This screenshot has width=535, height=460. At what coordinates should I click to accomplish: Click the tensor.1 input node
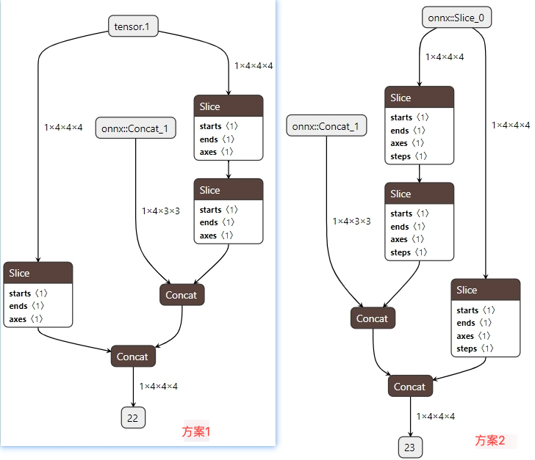[x=133, y=27]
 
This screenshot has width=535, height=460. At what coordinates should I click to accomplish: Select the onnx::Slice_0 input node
[x=456, y=18]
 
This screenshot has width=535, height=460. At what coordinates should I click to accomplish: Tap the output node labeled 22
[x=133, y=418]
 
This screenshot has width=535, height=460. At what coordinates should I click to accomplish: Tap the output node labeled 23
[x=411, y=447]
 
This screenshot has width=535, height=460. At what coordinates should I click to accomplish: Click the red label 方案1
[x=196, y=432]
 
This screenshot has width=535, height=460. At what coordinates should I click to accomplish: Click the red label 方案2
[x=490, y=440]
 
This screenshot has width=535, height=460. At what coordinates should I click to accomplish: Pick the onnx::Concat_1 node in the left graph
[x=134, y=129]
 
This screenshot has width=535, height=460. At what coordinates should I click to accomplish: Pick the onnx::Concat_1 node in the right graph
[x=326, y=126]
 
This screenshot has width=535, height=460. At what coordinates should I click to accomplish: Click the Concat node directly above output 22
[x=133, y=357]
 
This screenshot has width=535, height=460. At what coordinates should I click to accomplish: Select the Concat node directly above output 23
[x=410, y=387]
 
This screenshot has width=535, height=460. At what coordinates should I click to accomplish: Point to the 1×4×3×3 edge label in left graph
[x=161, y=211]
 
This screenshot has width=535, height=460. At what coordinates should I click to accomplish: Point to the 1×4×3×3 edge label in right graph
[x=351, y=221]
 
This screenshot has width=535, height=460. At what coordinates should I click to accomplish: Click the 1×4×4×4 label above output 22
[x=159, y=386]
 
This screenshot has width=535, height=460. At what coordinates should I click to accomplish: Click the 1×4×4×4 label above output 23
[x=435, y=416]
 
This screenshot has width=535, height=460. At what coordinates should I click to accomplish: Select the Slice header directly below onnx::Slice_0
[x=419, y=98]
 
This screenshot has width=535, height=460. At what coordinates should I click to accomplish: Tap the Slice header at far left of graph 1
[x=38, y=273]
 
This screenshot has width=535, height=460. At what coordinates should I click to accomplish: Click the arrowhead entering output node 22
[x=133, y=405]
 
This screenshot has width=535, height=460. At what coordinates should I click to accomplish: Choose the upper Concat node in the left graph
[x=182, y=295]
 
